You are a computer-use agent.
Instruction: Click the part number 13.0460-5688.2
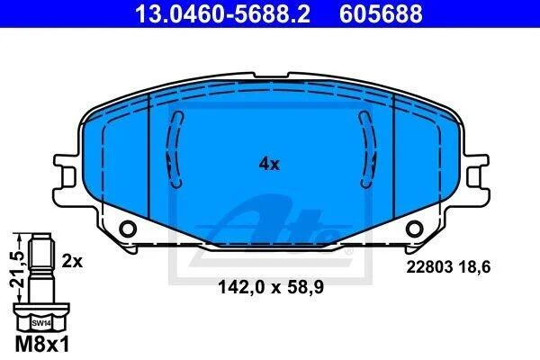pos(222,13)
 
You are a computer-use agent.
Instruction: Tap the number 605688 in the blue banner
pos(381,13)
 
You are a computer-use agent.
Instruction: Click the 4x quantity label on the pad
pos(269,164)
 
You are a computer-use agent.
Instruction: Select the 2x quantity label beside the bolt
pos(72,261)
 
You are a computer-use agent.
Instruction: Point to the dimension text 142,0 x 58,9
pos(271,286)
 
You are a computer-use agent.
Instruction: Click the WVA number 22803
pos(429,266)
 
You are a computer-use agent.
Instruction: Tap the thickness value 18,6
pos(474,267)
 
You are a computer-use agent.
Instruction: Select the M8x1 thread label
pos(42,344)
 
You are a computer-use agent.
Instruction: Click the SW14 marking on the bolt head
pos(41,323)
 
